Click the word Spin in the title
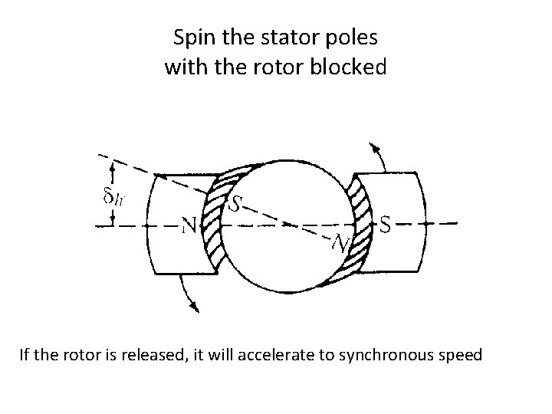tap(192, 37)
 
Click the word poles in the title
tap(352, 37)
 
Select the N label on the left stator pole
tap(189, 225)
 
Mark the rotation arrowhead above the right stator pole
tap(373, 147)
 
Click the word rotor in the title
tap(274, 67)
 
